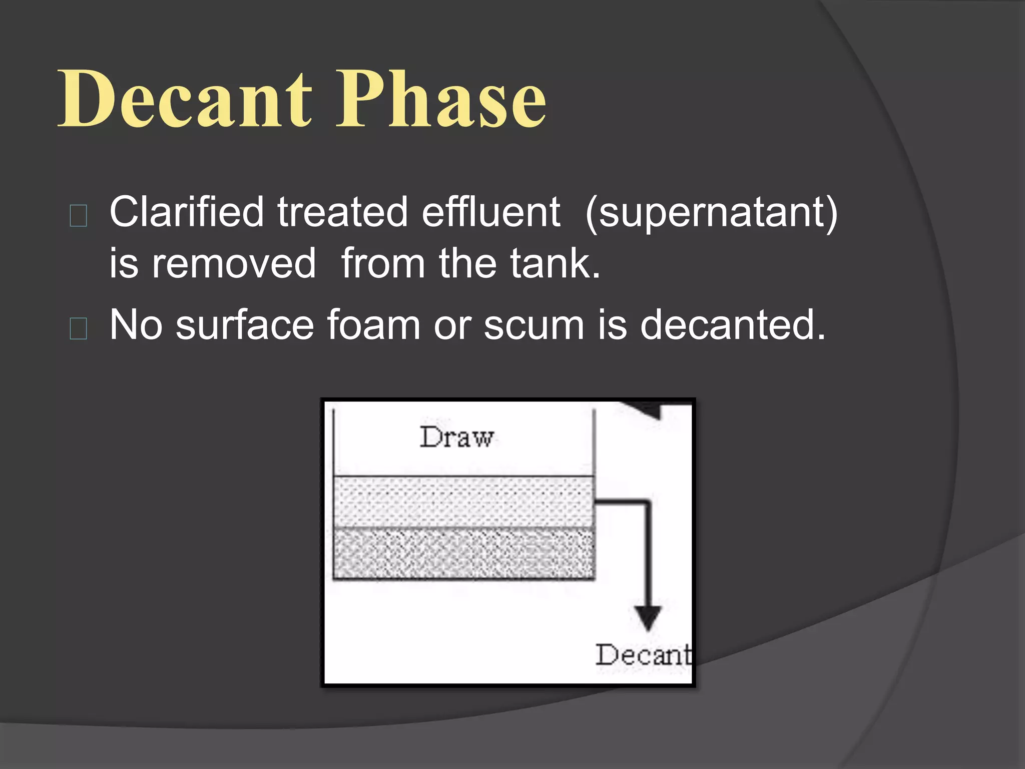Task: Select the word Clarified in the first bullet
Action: click(x=186, y=212)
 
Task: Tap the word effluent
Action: click(x=490, y=212)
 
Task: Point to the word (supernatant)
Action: click(x=711, y=213)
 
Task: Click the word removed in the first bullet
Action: click(x=234, y=264)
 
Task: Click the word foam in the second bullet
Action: click(x=373, y=325)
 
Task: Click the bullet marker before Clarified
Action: click(x=79, y=216)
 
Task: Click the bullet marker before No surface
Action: click(x=79, y=328)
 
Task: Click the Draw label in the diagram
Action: click(x=456, y=437)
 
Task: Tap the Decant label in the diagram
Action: click(x=643, y=655)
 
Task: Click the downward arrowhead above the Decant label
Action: click(x=648, y=617)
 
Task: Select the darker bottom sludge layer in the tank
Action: click(x=463, y=553)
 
